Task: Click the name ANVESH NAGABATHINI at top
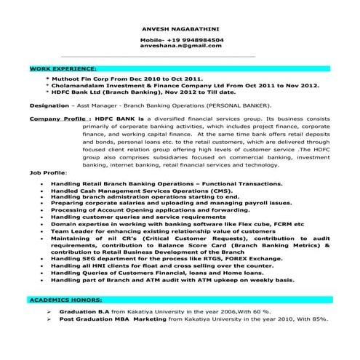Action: tap(180, 28)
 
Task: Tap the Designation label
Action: tap(49, 105)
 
